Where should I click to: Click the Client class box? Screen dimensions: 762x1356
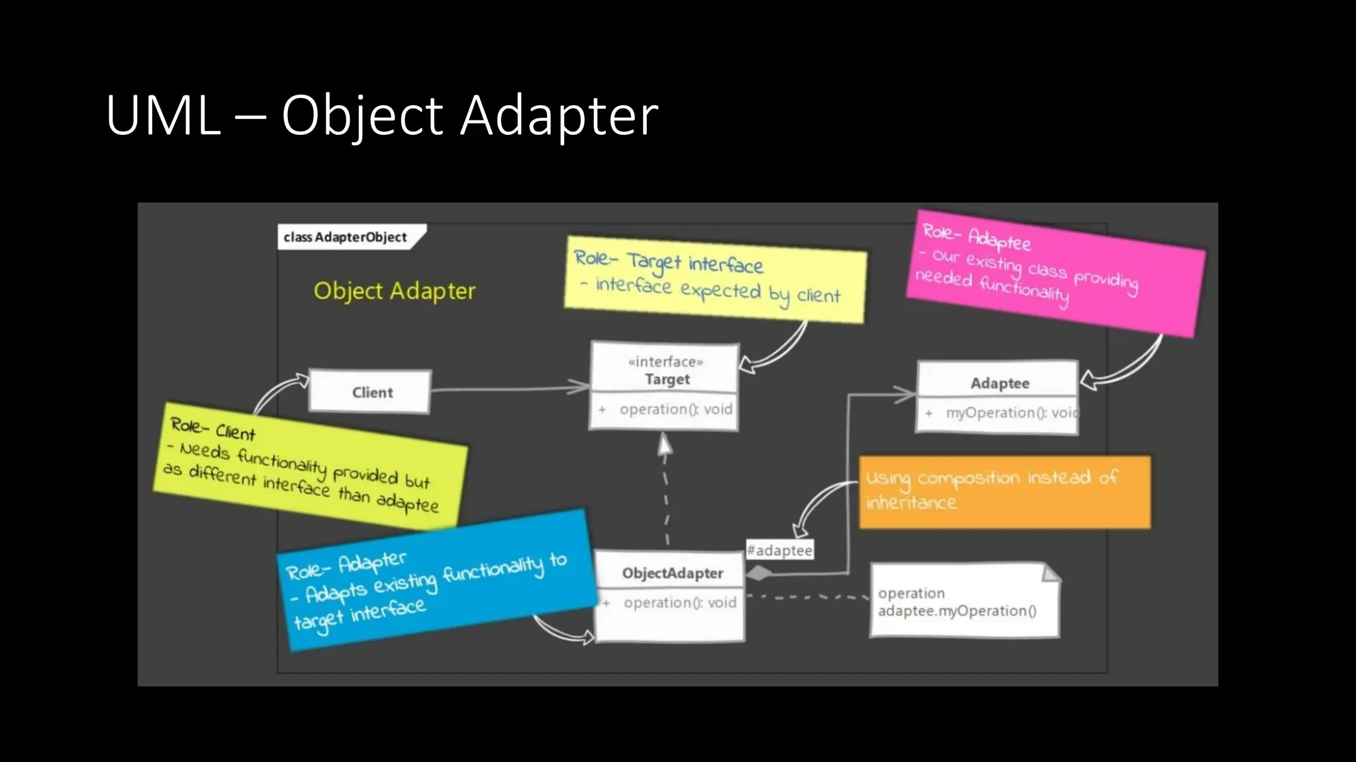[371, 392]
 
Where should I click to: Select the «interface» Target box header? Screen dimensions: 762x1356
[665, 370]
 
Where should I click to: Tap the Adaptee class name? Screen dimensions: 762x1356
[999, 383]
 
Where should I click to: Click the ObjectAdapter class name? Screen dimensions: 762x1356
[671, 573]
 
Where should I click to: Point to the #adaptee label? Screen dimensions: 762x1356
[779, 550]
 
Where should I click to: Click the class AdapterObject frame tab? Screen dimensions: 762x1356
[346, 237]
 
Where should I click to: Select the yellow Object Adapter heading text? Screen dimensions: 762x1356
[395, 291]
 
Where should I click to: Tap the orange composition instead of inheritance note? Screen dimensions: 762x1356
[1004, 491]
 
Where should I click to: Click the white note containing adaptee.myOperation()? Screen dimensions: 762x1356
[963, 602]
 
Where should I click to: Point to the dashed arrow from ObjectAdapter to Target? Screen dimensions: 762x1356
[665, 496]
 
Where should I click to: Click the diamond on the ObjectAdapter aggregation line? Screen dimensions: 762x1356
[759, 573]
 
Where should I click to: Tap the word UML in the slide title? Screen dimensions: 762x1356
[163, 116]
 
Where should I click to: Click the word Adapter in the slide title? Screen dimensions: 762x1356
[559, 116]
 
